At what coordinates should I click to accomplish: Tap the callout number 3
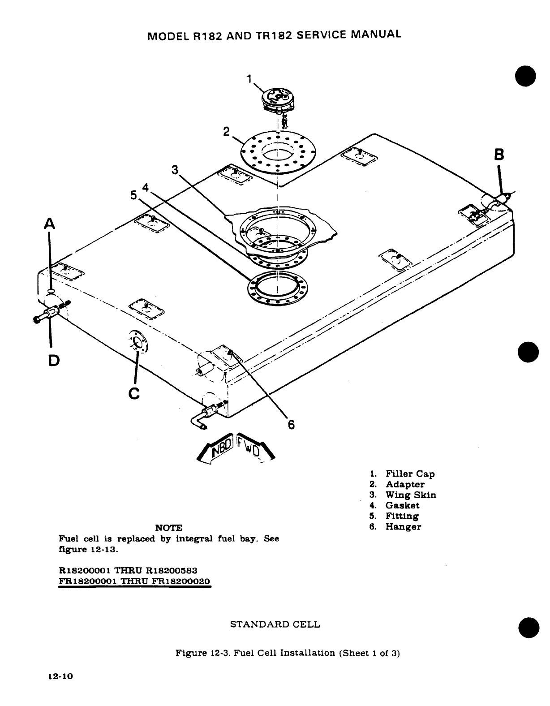pyautogui.click(x=175, y=170)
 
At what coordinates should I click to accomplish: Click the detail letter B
pyautogui.click(x=498, y=155)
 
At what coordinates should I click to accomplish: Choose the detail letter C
pyautogui.click(x=134, y=392)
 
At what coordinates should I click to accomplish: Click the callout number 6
pyautogui.click(x=291, y=424)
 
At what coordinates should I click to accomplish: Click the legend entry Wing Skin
pyautogui.click(x=411, y=495)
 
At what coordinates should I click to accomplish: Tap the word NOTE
pyautogui.click(x=168, y=527)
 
